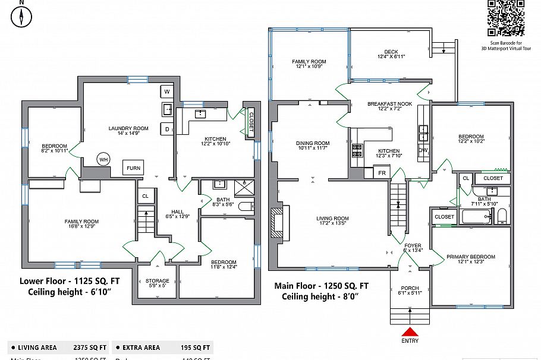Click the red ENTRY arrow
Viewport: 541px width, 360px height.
click(410, 331)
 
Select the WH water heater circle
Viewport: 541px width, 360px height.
click(103, 160)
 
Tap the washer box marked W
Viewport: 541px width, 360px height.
click(166, 91)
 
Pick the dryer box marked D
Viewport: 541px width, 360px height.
click(166, 129)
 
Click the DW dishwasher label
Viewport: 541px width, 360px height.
click(423, 151)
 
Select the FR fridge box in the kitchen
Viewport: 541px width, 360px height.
click(382, 173)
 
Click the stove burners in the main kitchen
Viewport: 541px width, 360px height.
click(357, 151)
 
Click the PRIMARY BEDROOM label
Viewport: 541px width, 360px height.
click(470, 257)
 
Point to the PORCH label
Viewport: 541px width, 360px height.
click(409, 289)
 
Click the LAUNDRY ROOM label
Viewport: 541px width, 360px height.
click(128, 128)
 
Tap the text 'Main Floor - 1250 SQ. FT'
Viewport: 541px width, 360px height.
click(321, 285)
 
